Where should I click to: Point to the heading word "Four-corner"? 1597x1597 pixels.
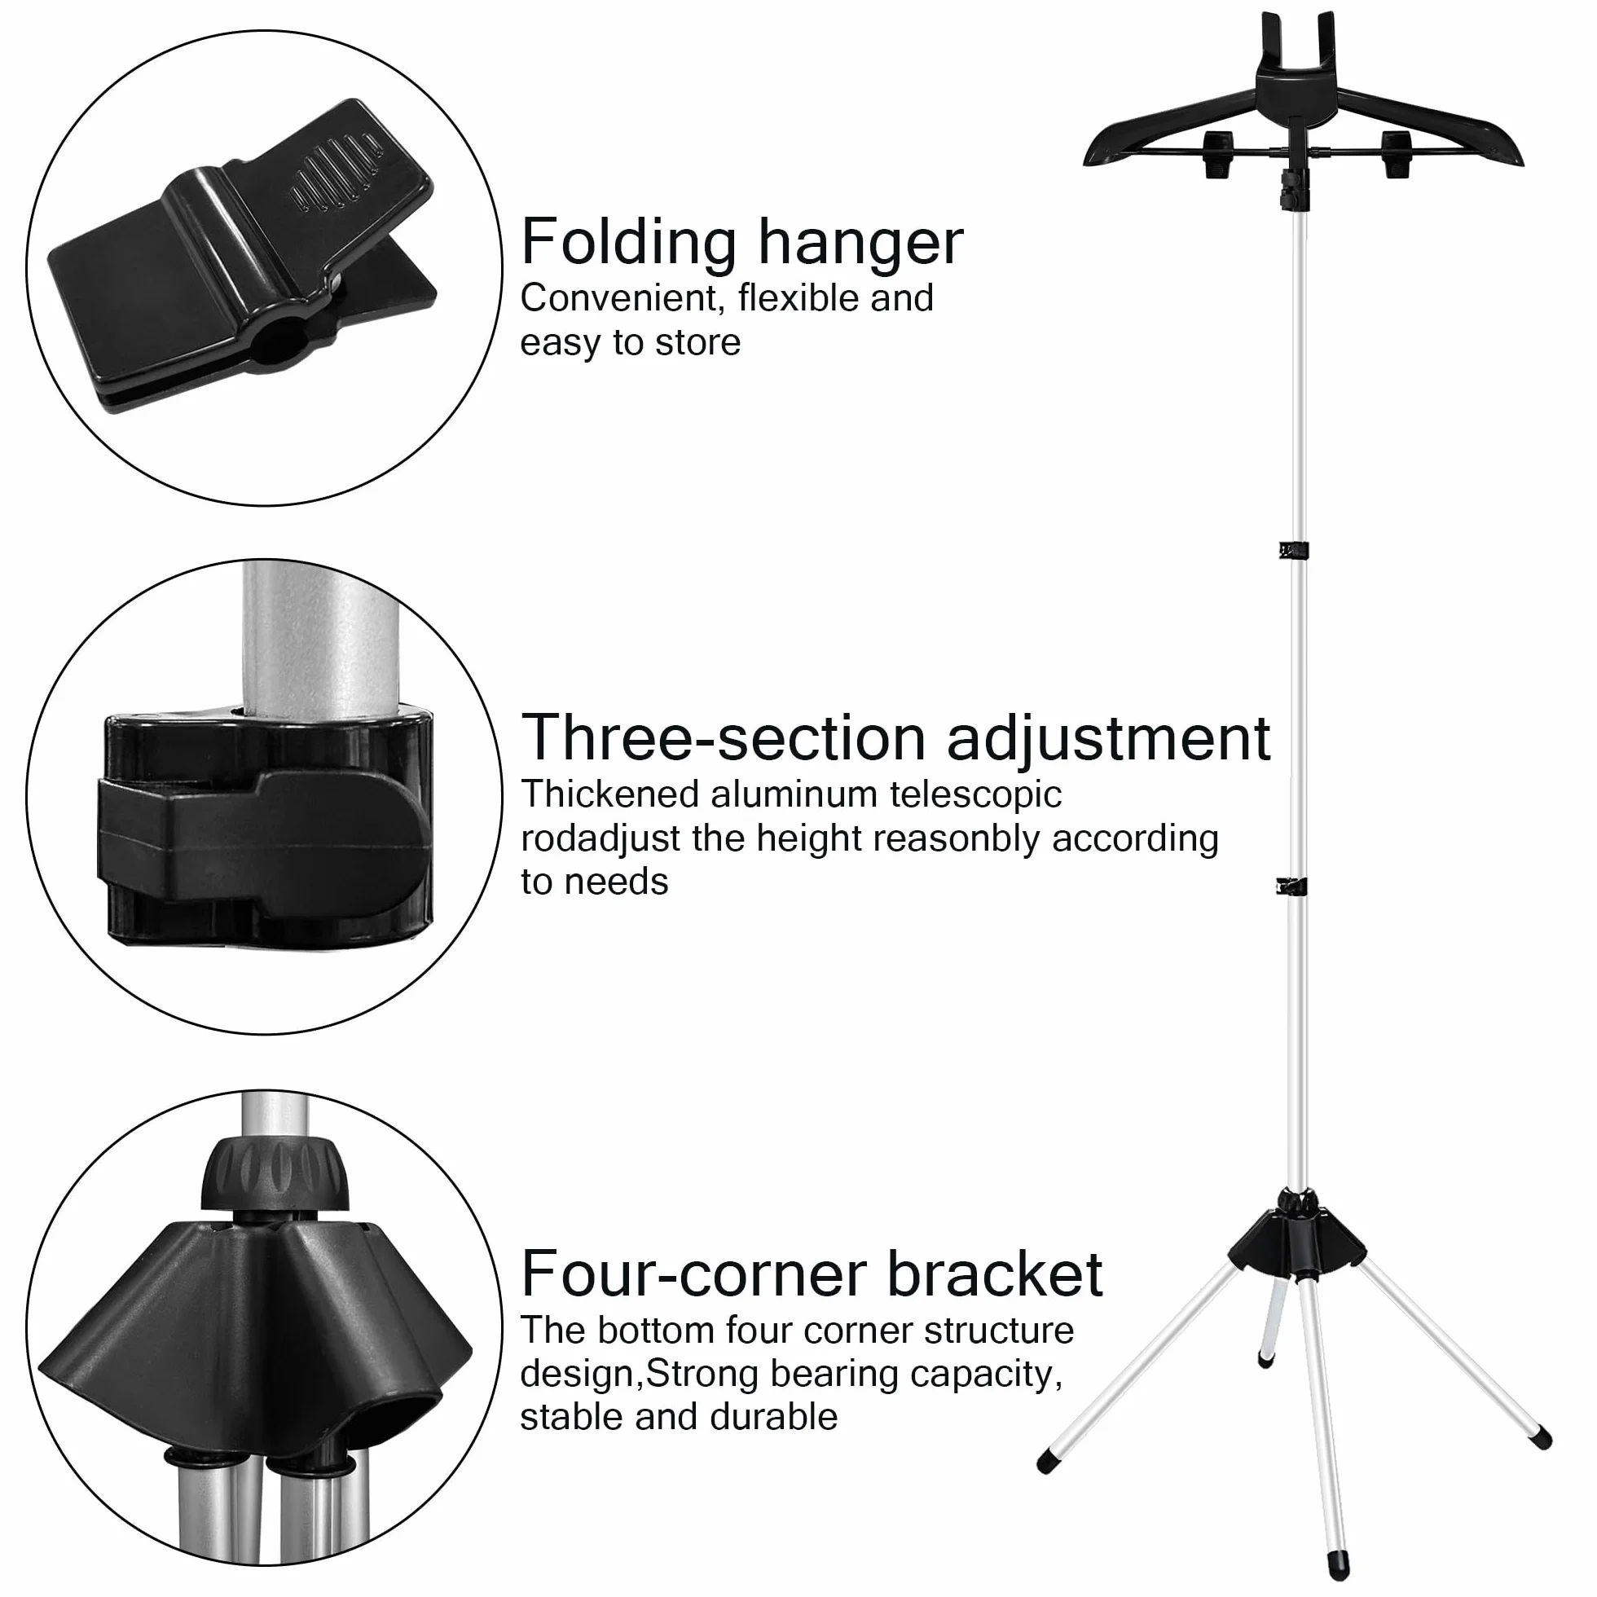pyautogui.click(x=694, y=1273)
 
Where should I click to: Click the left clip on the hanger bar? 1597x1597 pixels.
pyautogui.click(x=1219, y=154)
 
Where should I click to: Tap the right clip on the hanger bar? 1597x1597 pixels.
pyautogui.click(x=1396, y=154)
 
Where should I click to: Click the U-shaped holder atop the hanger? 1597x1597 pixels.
pyautogui.click(x=1298, y=58)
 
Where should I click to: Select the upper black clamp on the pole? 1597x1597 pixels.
pyautogui.click(x=1293, y=550)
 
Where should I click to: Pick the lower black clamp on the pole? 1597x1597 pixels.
pyautogui.click(x=1291, y=887)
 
